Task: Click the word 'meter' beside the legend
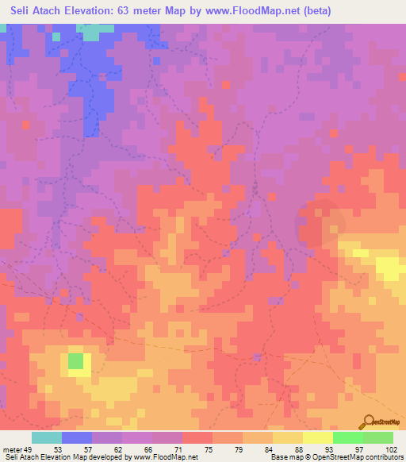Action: tap(11, 449)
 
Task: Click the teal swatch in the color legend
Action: tap(47, 437)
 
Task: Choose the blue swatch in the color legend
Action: tap(77, 437)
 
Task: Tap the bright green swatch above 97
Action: tap(347, 437)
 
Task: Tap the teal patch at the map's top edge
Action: tap(94, 32)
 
